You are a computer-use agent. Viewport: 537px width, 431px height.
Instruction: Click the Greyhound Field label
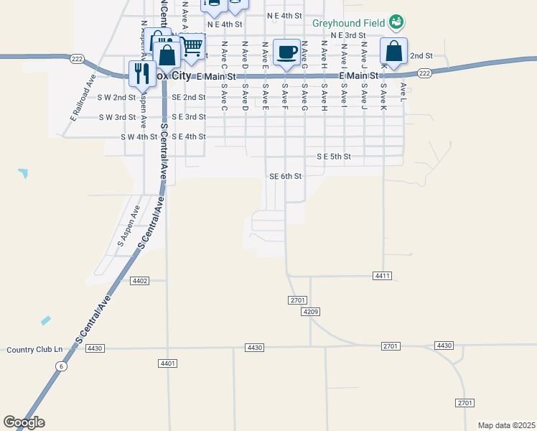[x=348, y=22]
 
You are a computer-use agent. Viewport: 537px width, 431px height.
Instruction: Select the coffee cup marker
[x=286, y=52]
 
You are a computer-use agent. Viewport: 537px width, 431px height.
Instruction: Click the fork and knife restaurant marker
[x=141, y=73]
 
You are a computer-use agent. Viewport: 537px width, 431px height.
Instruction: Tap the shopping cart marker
[x=191, y=47]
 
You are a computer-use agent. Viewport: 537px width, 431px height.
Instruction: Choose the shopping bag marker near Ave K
[x=393, y=52]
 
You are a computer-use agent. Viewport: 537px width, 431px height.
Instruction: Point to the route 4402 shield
[x=140, y=281]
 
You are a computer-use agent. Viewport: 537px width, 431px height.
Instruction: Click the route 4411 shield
[x=383, y=276]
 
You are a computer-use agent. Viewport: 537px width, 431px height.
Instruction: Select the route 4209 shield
[x=310, y=312]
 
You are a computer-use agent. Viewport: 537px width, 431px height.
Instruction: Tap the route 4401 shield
[x=168, y=363]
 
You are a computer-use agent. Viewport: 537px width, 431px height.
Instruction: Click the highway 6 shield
[x=62, y=366]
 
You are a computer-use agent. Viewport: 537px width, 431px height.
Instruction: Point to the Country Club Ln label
[x=34, y=349]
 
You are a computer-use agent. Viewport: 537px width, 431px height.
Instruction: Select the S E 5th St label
[x=334, y=157]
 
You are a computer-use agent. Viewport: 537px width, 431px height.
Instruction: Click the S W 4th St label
[x=139, y=136]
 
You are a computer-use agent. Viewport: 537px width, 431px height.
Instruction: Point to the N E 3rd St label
[x=348, y=35]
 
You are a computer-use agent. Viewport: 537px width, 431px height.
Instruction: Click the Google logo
[x=24, y=422]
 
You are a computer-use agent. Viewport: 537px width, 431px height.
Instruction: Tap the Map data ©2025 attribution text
[x=505, y=425]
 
